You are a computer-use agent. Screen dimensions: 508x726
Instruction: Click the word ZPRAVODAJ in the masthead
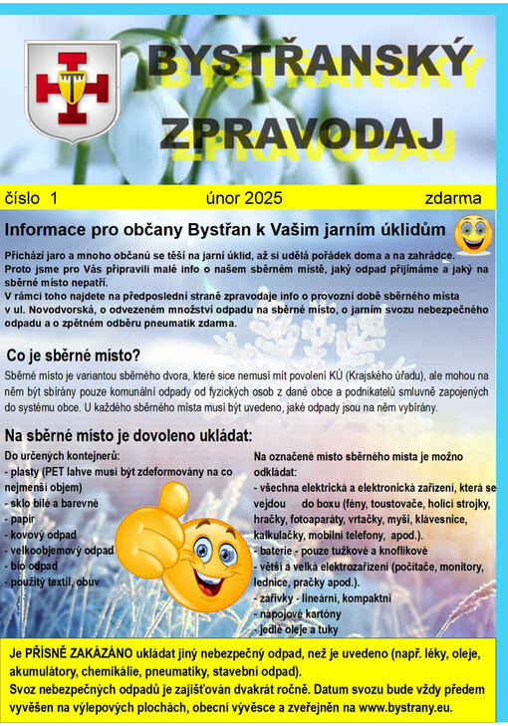302,132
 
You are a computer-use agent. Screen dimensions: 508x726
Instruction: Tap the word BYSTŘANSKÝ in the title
310,64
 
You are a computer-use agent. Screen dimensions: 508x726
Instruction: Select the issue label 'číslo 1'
33,197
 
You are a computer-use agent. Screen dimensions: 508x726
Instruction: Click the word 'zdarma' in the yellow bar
452,197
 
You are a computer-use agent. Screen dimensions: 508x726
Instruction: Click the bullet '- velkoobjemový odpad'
61,550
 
